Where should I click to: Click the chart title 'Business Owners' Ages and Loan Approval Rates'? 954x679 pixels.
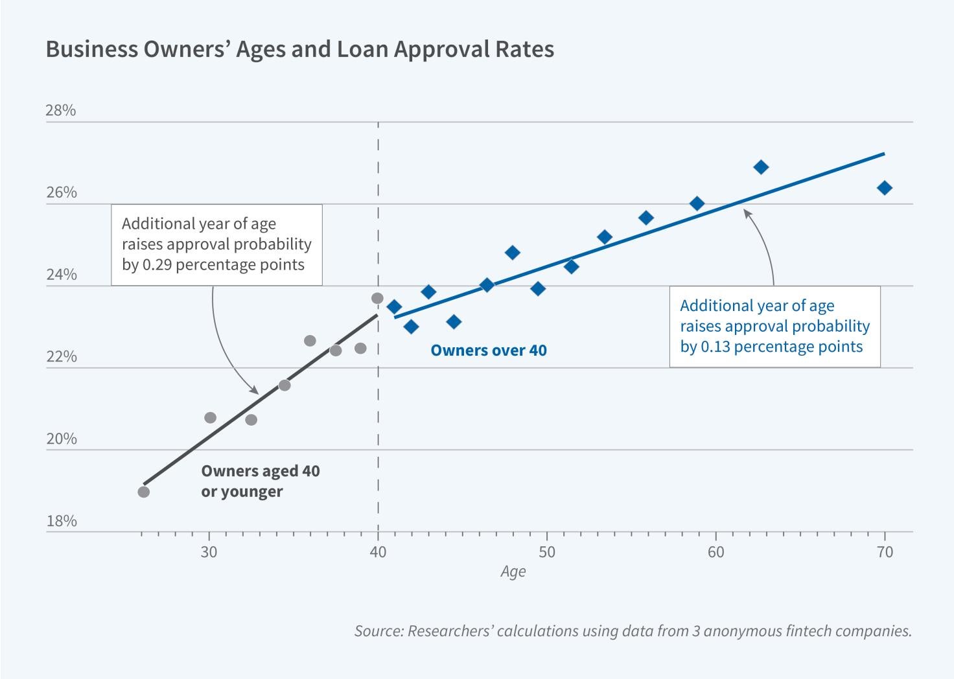[x=299, y=50]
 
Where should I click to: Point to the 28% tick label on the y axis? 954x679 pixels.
[x=61, y=111]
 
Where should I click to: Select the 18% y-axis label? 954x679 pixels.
[x=61, y=521]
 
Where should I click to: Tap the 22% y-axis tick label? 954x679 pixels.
[x=61, y=357]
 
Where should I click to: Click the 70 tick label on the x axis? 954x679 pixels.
[x=885, y=552]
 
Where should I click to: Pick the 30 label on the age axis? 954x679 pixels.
[x=209, y=552]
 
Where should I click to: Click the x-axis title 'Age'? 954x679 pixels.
[x=513, y=571]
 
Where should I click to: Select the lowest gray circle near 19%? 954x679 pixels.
[x=144, y=492]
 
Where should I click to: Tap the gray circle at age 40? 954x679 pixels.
[x=377, y=299]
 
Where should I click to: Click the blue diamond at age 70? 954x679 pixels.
[x=885, y=188]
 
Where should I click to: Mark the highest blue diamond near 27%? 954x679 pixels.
[x=762, y=167]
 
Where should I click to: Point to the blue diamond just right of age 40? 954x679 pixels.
[x=394, y=306]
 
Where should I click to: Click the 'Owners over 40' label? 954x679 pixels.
[x=489, y=351]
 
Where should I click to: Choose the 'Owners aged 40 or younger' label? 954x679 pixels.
[x=260, y=481]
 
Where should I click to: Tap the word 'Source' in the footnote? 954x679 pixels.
[x=377, y=630]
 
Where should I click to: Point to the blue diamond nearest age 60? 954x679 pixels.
[x=697, y=203]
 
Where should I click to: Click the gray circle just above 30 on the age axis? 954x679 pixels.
[x=211, y=418]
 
